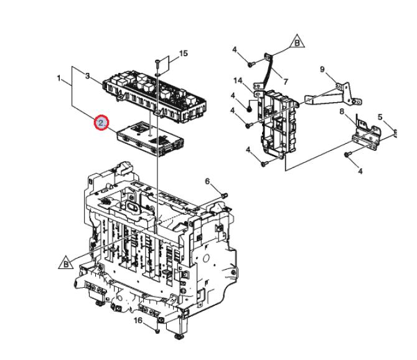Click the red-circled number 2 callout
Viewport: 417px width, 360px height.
pyautogui.click(x=101, y=123)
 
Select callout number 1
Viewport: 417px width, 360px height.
pyautogui.click(x=59, y=78)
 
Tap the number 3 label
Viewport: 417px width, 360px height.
pyautogui.click(x=88, y=76)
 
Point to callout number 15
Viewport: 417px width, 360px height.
pyautogui.click(x=184, y=54)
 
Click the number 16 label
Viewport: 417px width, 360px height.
pyautogui.click(x=138, y=321)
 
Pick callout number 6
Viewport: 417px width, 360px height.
pyautogui.click(x=207, y=181)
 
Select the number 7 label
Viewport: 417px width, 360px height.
pyautogui.click(x=286, y=82)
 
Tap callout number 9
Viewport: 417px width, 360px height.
pyautogui.click(x=322, y=69)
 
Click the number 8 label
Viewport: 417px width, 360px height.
pyautogui.click(x=342, y=111)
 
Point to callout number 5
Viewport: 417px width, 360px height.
pyautogui.click(x=380, y=117)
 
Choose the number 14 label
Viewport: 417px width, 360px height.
pyautogui.click(x=238, y=80)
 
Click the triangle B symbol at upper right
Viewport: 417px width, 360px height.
pyautogui.click(x=297, y=42)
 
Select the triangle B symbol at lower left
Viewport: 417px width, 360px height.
pyautogui.click(x=66, y=263)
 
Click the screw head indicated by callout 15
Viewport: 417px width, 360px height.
pyautogui.click(x=156, y=63)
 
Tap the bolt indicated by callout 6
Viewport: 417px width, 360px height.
pyautogui.click(x=225, y=196)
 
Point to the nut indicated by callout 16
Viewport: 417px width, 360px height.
pyautogui.click(x=157, y=331)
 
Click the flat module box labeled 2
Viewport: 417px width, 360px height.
pyautogui.click(x=150, y=139)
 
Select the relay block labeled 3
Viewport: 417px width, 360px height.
pyautogui.click(x=155, y=96)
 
